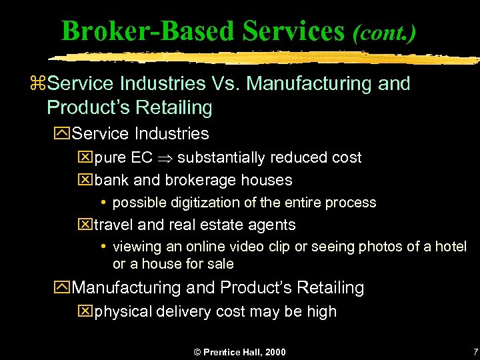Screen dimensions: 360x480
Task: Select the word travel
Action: [x=115, y=225]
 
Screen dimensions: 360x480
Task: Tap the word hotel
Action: [x=451, y=247]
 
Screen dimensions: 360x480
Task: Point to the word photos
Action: [x=369, y=247]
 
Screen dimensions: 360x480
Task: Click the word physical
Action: [x=123, y=311]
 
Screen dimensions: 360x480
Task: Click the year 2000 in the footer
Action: [x=274, y=352]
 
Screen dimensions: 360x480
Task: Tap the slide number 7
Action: [x=475, y=351]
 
